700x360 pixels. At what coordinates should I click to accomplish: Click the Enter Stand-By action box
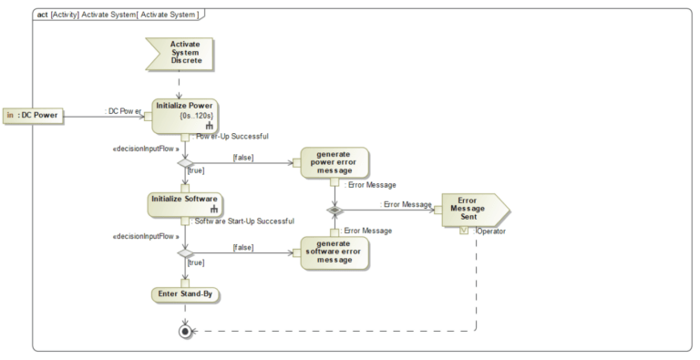tap(185, 293)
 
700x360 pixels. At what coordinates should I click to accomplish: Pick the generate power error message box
tap(334, 160)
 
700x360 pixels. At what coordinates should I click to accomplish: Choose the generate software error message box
tap(334, 251)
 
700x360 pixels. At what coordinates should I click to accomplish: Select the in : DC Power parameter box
tap(32, 116)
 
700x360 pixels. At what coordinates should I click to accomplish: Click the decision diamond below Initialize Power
tap(185, 161)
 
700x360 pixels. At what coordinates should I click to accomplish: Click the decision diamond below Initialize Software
tap(185, 253)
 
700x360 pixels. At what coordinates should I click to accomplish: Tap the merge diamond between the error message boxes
tap(335, 210)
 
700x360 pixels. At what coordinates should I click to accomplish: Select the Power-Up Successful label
tap(232, 137)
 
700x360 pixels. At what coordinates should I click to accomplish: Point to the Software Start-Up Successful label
tap(244, 221)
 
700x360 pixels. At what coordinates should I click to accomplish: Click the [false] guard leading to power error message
tap(242, 157)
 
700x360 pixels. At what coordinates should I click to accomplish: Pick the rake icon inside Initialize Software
tap(214, 210)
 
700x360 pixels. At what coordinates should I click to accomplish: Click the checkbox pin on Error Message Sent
tap(465, 231)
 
